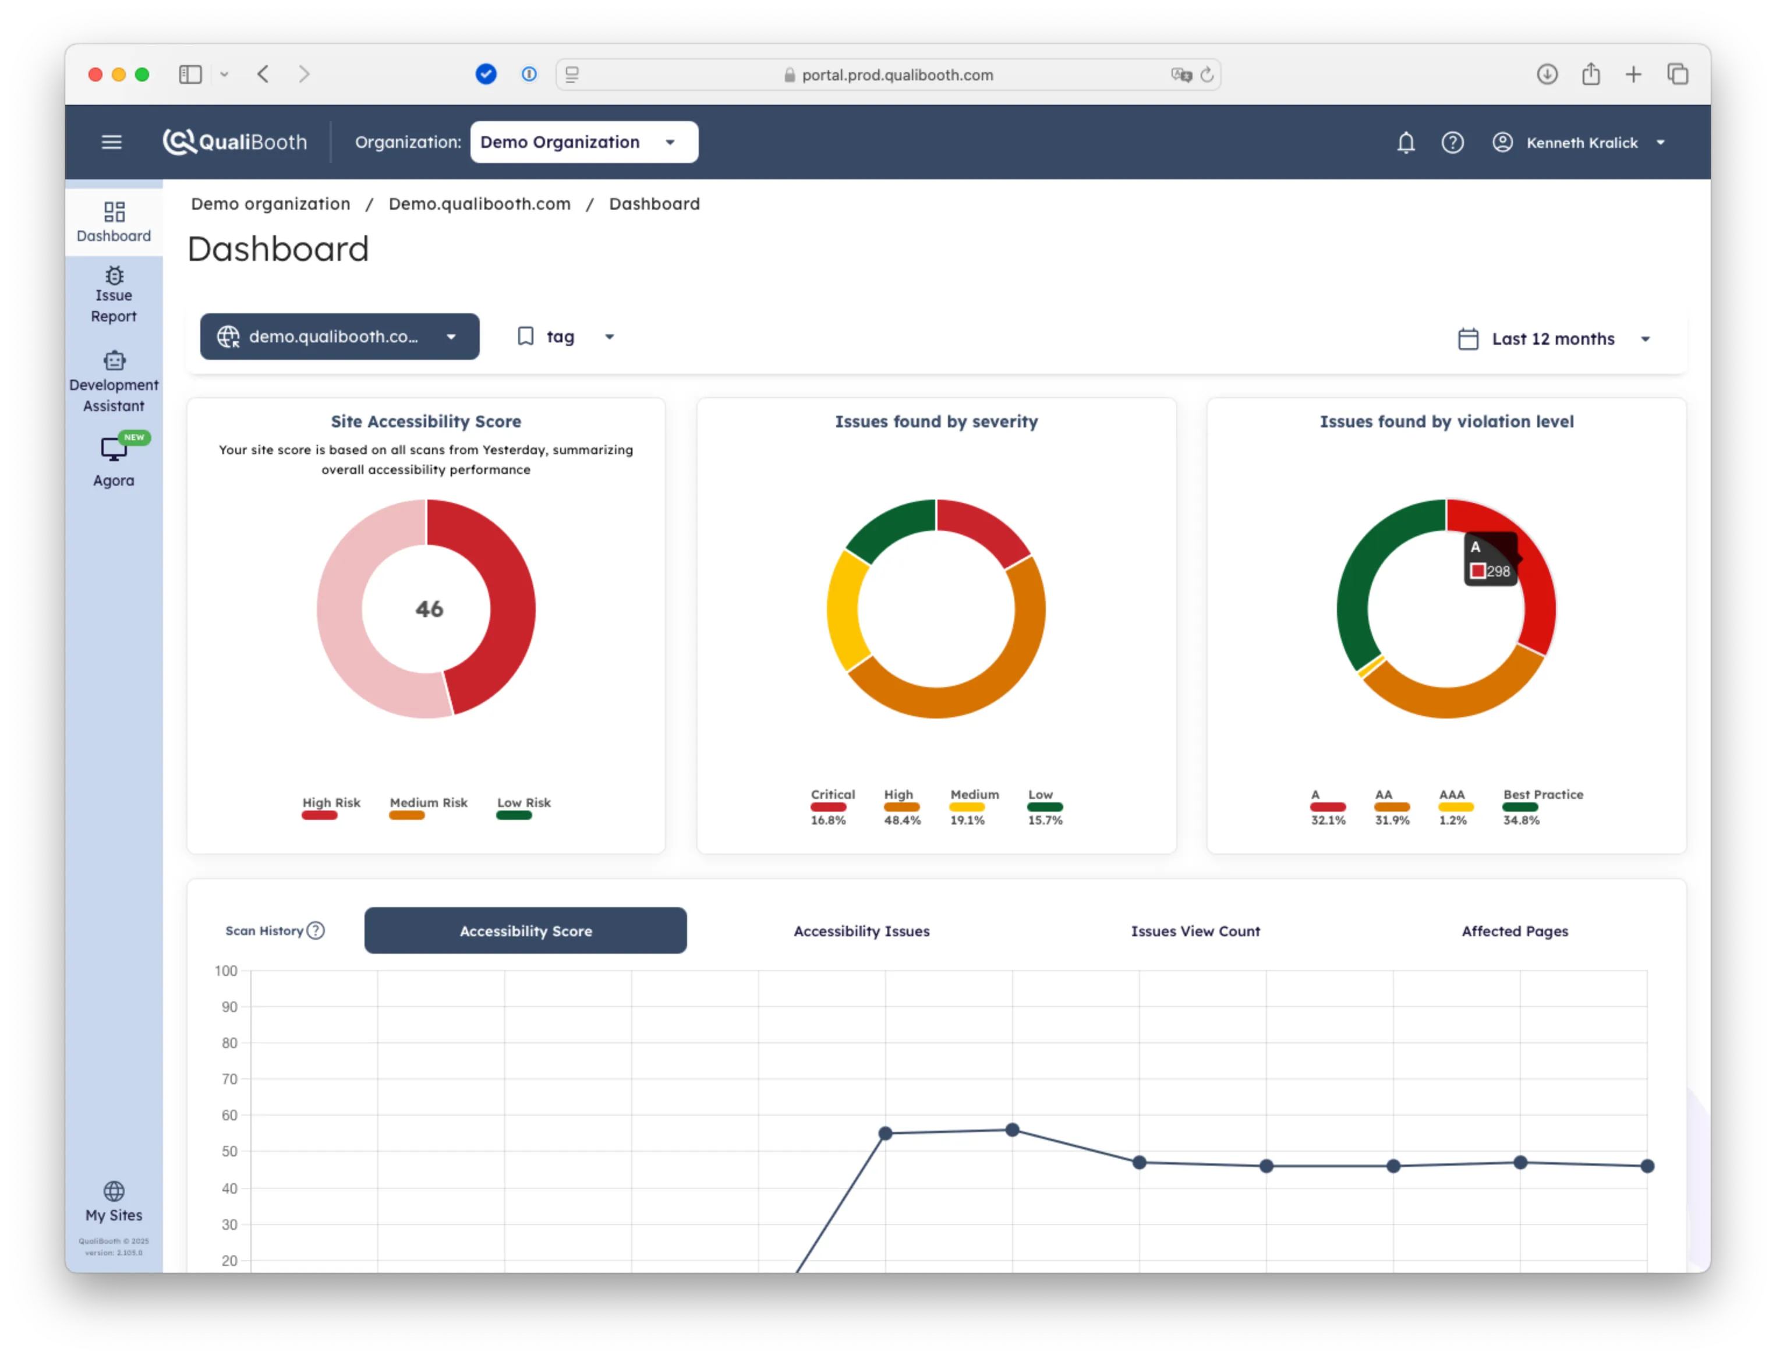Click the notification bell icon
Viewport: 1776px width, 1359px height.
(1406, 143)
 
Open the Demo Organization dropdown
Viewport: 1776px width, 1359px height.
(584, 143)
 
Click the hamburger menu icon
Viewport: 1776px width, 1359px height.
(112, 143)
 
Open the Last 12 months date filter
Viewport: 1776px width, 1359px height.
(1553, 339)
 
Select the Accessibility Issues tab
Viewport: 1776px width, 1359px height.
(861, 931)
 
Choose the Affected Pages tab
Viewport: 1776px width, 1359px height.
(1514, 931)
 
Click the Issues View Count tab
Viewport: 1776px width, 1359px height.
(1195, 931)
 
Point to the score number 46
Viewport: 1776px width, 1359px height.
(429, 609)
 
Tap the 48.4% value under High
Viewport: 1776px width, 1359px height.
(902, 820)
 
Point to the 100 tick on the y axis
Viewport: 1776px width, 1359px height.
(226, 971)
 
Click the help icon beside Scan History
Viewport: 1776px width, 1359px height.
(316, 931)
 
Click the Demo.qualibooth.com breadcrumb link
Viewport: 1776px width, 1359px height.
(480, 204)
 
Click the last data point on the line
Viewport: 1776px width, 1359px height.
(1647, 1166)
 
